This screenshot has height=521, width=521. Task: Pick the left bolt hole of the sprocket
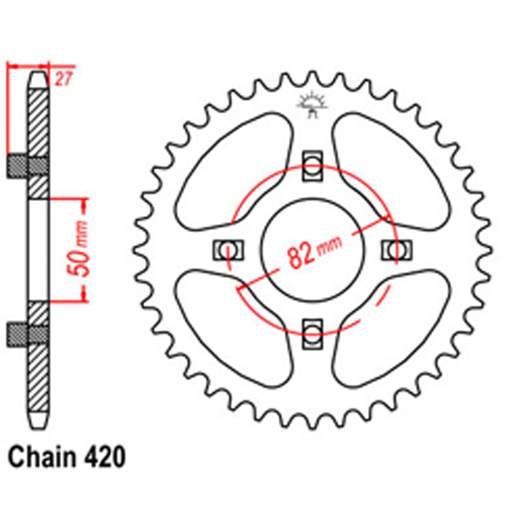click(228, 250)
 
